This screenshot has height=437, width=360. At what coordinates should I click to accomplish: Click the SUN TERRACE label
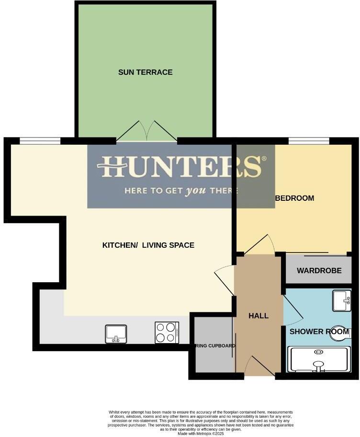click(145, 72)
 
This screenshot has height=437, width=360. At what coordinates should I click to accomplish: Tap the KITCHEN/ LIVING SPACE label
click(148, 245)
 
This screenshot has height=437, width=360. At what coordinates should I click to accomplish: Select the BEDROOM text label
click(294, 198)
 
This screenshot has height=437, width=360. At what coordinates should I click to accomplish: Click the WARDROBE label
click(319, 271)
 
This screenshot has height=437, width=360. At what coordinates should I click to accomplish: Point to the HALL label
click(259, 316)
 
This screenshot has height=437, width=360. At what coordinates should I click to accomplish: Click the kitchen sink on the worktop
click(116, 333)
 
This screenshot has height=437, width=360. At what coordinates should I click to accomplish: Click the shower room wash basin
click(342, 300)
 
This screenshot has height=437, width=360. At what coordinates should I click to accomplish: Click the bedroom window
click(309, 141)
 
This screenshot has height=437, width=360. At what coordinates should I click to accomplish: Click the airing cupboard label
click(214, 345)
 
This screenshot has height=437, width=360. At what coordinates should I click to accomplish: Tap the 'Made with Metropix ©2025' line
click(201, 434)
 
